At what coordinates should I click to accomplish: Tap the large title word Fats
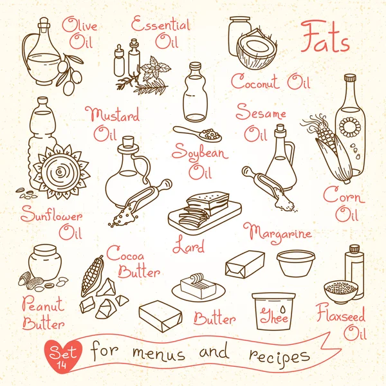(x=325, y=37)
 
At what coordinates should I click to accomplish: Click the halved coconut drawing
(x=257, y=50)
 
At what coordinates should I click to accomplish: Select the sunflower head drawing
(x=60, y=172)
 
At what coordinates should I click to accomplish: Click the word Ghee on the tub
(x=274, y=315)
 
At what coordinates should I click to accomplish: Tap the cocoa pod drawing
(x=92, y=276)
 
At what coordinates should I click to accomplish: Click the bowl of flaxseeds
(x=340, y=292)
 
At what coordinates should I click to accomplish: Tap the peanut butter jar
(x=45, y=262)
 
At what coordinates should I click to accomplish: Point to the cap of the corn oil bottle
(x=350, y=78)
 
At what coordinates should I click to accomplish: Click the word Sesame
(x=261, y=112)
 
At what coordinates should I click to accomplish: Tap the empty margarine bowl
(x=296, y=263)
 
